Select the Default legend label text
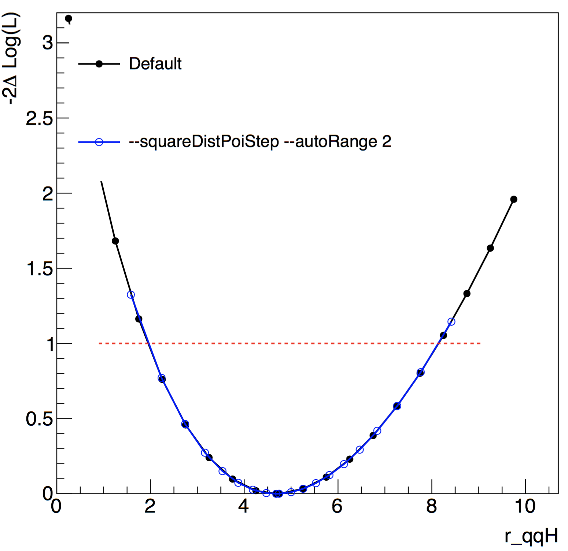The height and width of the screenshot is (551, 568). [x=155, y=64]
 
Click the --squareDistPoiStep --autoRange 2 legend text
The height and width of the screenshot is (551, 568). [x=260, y=142]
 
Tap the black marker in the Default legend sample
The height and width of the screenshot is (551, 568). [x=99, y=64]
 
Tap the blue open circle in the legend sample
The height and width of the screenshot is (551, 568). [x=99, y=142]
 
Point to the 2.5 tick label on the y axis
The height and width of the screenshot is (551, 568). [x=39, y=119]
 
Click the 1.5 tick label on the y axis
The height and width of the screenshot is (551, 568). [x=39, y=269]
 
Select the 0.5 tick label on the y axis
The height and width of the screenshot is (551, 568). [x=39, y=419]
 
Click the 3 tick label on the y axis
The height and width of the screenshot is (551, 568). [x=48, y=43]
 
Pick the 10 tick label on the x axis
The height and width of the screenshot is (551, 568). [x=525, y=507]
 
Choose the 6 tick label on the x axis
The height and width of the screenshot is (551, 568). [x=337, y=507]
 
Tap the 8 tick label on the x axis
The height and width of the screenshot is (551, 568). [x=431, y=507]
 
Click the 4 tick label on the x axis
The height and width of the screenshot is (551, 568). [x=243, y=507]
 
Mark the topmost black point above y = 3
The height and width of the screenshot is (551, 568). [x=69, y=18]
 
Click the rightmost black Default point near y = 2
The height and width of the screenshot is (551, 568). [x=514, y=199]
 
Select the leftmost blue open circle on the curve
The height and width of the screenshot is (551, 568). [x=131, y=295]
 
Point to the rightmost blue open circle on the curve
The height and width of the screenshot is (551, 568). [x=451, y=322]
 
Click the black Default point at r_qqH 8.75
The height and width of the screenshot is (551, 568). [x=467, y=293]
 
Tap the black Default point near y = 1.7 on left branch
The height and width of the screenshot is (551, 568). [x=115, y=241]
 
